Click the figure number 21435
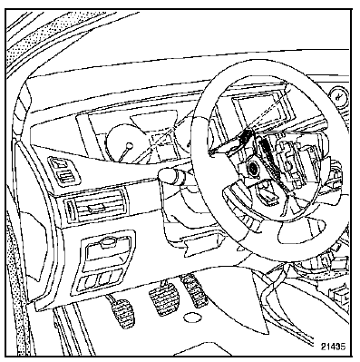coord(333,347)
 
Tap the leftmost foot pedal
coord(123,312)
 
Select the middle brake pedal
coord(163,298)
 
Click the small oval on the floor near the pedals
coord(192,317)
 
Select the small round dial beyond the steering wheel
coord(339,96)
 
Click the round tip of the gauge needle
coord(130,145)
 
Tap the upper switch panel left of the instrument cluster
coord(64,171)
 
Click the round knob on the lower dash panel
coord(108,242)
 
